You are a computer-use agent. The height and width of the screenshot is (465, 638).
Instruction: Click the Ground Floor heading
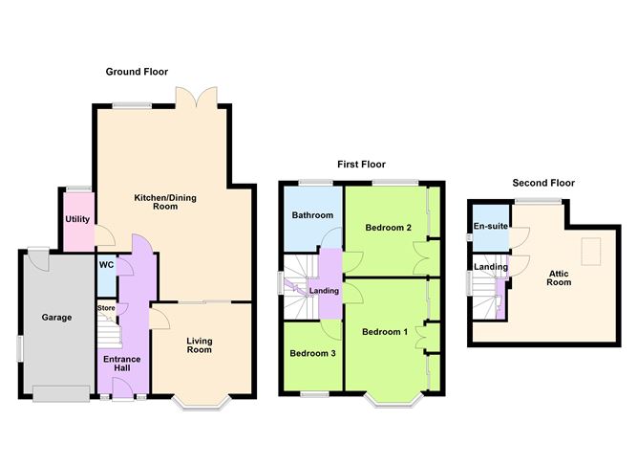[x=137, y=72]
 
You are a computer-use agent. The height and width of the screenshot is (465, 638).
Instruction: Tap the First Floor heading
[x=361, y=165]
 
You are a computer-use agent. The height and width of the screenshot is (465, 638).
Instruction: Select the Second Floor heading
[x=543, y=183]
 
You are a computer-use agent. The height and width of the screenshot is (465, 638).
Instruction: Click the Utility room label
[x=77, y=219]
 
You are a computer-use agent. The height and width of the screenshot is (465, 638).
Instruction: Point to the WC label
[x=106, y=265]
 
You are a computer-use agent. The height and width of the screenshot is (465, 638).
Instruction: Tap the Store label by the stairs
[x=106, y=308]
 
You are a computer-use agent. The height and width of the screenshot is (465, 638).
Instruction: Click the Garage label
[x=56, y=317]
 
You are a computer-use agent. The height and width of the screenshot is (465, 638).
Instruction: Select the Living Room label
[x=200, y=345]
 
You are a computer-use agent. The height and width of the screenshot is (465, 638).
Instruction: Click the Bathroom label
[x=312, y=215]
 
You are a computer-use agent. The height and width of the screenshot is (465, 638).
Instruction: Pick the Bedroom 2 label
[x=388, y=228]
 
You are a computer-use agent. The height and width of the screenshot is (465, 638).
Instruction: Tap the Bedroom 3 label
[x=312, y=353]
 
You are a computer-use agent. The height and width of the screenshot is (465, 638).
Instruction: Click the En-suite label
[x=491, y=226]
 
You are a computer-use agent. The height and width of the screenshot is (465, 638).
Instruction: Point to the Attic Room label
[x=559, y=277]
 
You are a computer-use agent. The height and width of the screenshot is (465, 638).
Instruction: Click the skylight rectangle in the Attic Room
[x=590, y=252]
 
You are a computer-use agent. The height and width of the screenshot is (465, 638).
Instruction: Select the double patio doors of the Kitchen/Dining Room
[x=197, y=98]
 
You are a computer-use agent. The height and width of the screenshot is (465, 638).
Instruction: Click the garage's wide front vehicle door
[x=61, y=393]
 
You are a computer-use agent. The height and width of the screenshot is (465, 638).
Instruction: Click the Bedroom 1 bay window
[x=393, y=401]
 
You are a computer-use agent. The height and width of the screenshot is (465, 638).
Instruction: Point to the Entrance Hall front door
[x=123, y=387]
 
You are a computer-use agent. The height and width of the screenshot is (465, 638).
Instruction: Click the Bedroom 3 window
[x=314, y=394]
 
